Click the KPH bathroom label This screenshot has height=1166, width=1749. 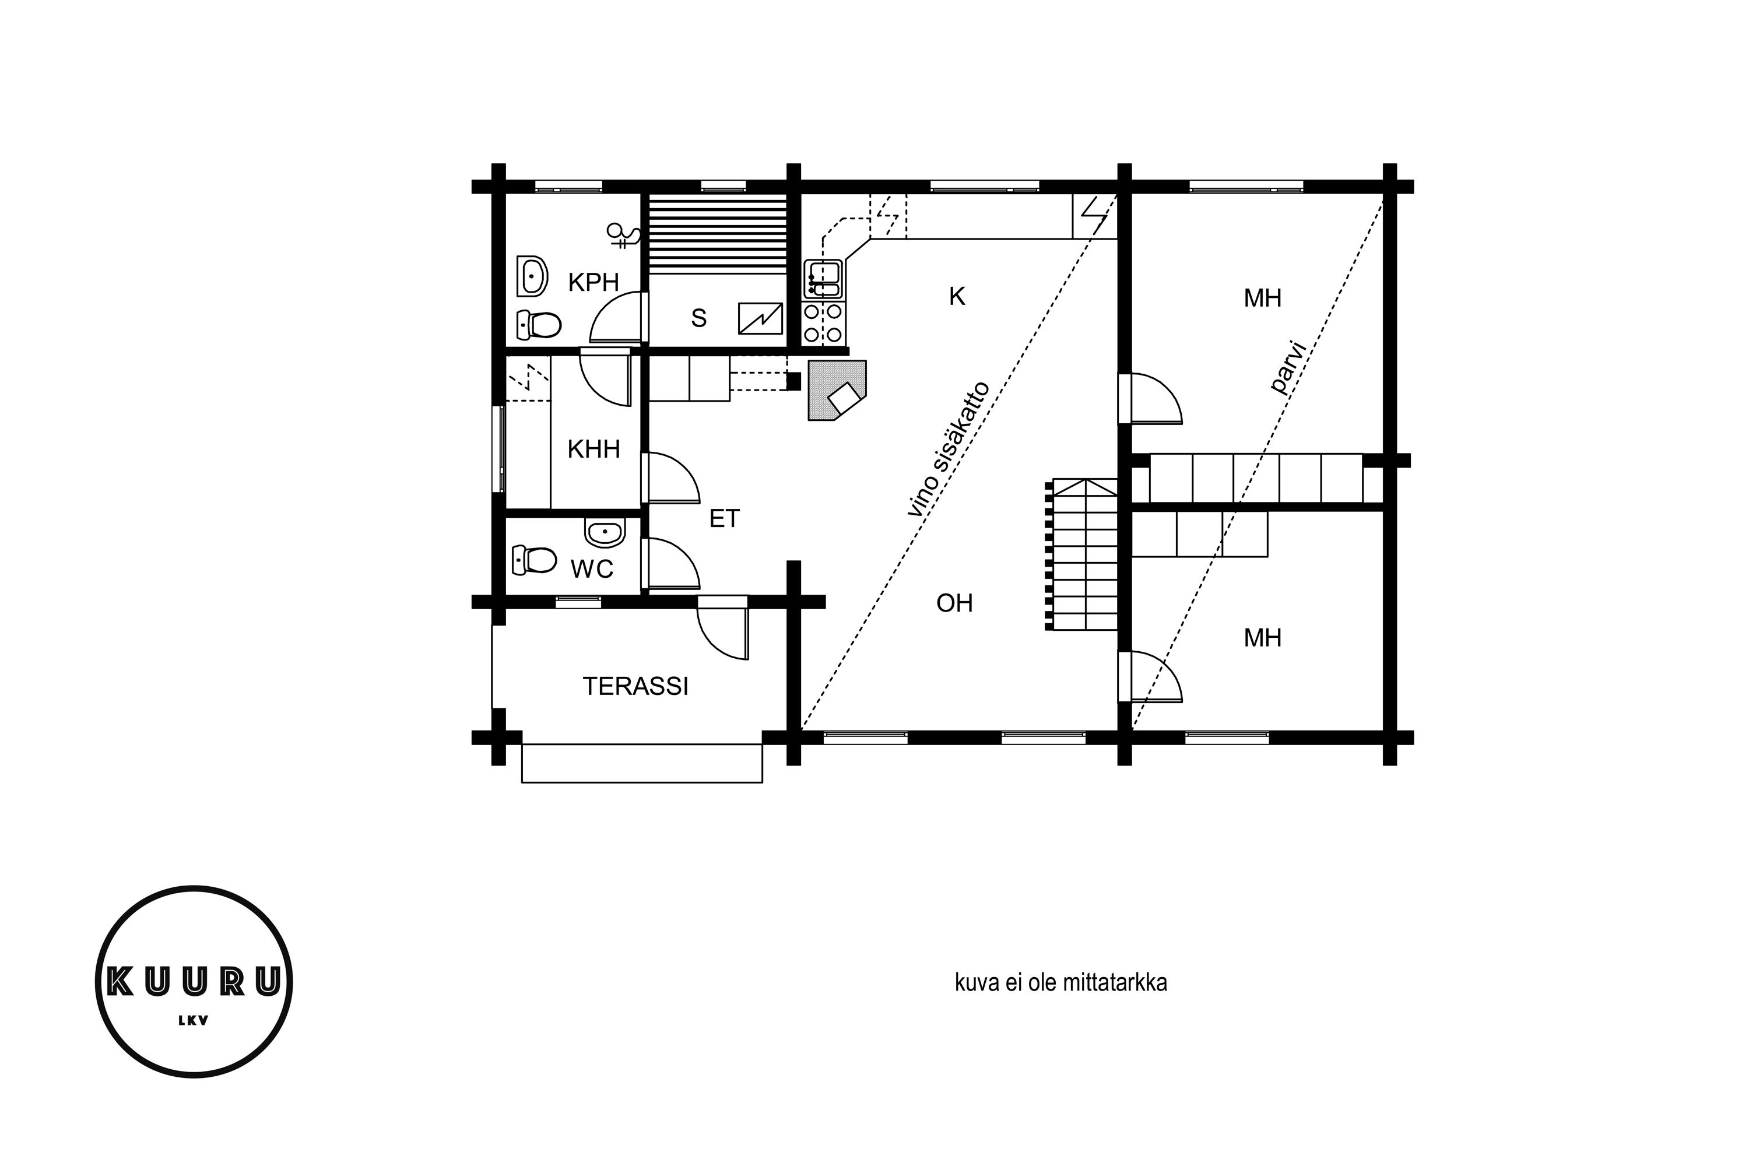pyautogui.click(x=593, y=283)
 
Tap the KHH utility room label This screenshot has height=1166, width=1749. pyautogui.click(x=593, y=449)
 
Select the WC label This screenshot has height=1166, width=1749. pyautogui.click(x=592, y=569)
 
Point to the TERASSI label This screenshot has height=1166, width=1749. pyautogui.click(x=635, y=686)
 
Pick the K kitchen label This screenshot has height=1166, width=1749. pyautogui.click(x=957, y=297)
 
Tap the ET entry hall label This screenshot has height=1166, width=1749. pyautogui.click(x=724, y=518)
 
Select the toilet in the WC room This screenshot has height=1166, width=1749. pyautogui.click(x=535, y=560)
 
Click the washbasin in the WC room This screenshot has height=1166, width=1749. pyautogui.click(x=605, y=531)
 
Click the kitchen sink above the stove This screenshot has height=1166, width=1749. pyautogui.click(x=823, y=279)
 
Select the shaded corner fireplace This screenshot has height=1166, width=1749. pyautogui.click(x=837, y=391)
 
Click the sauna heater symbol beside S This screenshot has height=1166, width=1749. pyautogui.click(x=760, y=319)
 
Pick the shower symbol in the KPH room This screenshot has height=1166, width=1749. pyautogui.click(x=623, y=236)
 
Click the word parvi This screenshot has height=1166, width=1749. pyautogui.click(x=1288, y=367)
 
